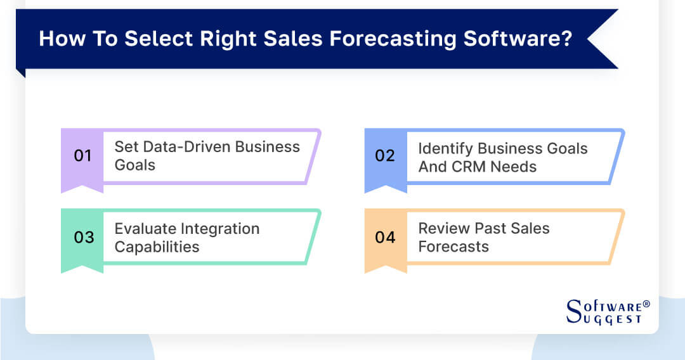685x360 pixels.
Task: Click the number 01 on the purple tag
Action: (x=83, y=156)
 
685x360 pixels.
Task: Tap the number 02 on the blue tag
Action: (x=385, y=156)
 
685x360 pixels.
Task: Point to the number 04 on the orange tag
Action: (x=385, y=237)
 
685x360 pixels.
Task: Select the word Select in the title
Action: (x=157, y=39)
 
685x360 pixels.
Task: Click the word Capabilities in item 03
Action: (x=157, y=247)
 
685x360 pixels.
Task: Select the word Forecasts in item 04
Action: (x=453, y=247)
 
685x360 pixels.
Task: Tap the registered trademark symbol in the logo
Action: (x=646, y=304)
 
